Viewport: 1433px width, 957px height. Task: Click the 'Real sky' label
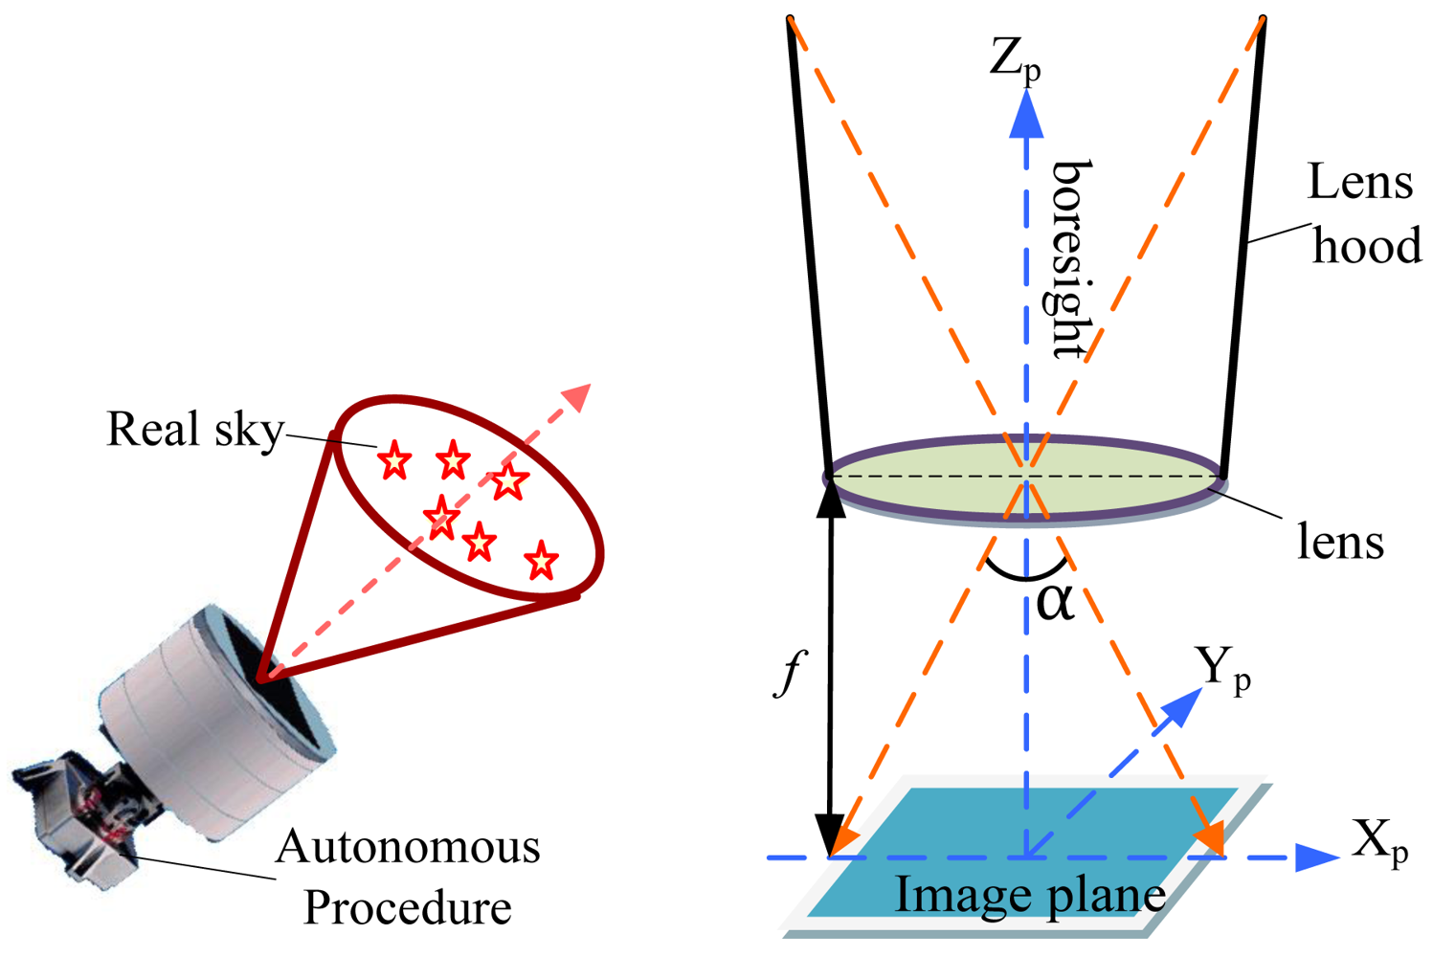tap(195, 430)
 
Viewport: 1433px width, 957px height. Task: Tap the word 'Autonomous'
tap(408, 848)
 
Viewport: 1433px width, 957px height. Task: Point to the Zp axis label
tap(1015, 60)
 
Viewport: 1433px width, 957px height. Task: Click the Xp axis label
tap(1379, 842)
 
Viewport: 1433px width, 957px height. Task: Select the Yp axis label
tap(1222, 667)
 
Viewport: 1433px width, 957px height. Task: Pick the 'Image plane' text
tap(1030, 896)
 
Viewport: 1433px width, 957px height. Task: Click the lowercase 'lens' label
tap(1340, 543)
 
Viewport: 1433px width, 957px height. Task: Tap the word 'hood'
tap(1366, 247)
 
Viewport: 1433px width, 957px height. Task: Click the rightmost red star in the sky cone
tap(542, 561)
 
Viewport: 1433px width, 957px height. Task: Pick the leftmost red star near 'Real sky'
tap(393, 461)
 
